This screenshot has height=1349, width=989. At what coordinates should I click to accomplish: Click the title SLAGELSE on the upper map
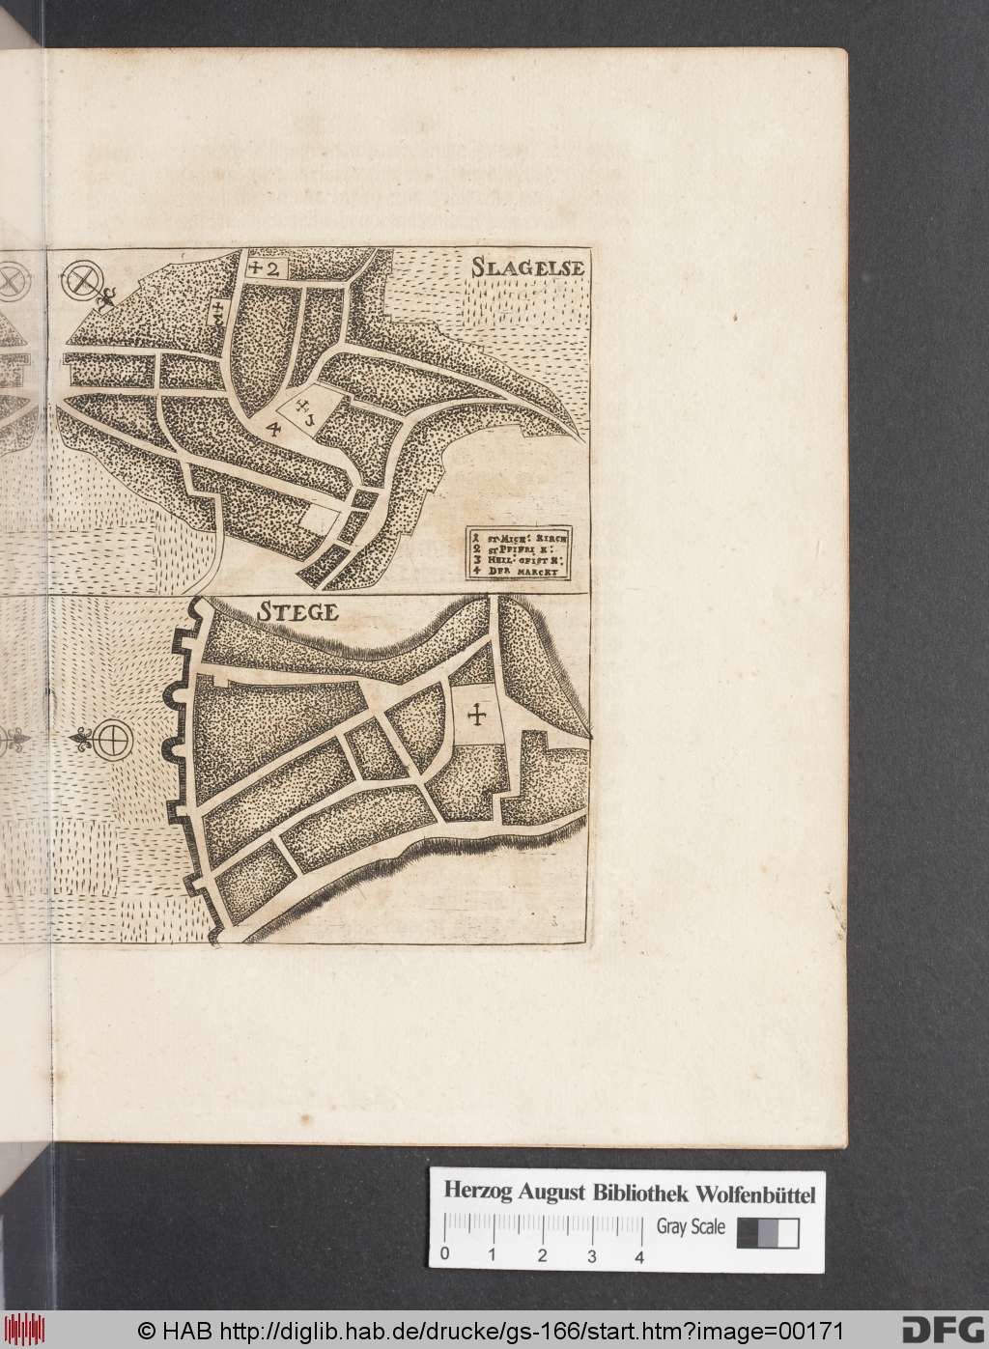click(x=526, y=267)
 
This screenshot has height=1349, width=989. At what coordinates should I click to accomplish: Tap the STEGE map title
click(x=297, y=612)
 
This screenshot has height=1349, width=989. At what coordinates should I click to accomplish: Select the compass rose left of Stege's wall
click(x=112, y=742)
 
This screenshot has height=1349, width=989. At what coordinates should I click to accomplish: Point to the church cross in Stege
click(x=476, y=716)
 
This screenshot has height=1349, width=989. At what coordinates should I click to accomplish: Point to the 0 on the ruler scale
click(x=444, y=1256)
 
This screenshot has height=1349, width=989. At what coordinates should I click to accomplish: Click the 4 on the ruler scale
click(x=639, y=1256)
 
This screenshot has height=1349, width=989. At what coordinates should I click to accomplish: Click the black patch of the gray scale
click(x=746, y=1234)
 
